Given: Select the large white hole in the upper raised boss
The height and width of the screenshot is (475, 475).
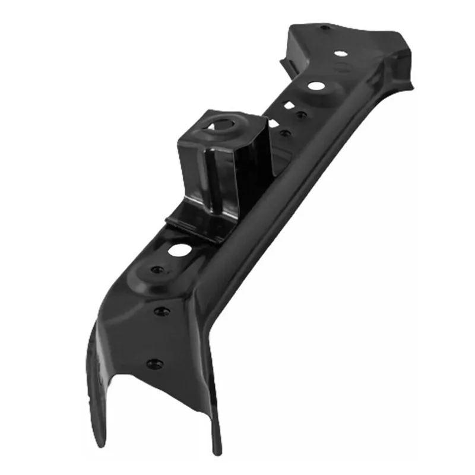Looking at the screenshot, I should tap(314, 87).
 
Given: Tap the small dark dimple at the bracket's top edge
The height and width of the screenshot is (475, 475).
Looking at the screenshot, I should tap(324, 27).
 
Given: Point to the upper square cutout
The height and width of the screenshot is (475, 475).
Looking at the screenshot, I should tap(290, 105).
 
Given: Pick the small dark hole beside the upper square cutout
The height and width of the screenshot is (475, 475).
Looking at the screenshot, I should tap(302, 115).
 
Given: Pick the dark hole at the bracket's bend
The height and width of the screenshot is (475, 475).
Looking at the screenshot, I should tap(159, 311).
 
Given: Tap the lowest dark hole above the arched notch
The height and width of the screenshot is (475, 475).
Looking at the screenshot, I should tap(153, 362).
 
